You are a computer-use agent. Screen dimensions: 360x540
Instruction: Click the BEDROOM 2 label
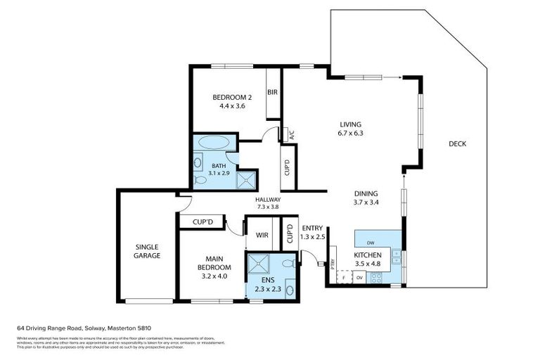[232, 97]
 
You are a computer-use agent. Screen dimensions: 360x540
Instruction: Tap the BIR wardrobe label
[273, 92]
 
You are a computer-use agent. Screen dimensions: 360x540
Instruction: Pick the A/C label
[291, 136]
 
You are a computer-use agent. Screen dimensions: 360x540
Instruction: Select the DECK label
[457, 144]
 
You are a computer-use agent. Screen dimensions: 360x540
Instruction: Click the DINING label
[366, 194]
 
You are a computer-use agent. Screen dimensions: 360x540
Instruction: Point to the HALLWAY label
[268, 199]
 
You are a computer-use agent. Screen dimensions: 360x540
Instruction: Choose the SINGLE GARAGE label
[148, 251]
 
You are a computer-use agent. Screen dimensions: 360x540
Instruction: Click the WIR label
[262, 235]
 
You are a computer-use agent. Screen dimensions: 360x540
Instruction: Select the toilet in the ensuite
[288, 263]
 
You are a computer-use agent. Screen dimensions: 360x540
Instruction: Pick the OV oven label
[359, 278]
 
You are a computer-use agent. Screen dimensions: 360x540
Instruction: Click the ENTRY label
[311, 229]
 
